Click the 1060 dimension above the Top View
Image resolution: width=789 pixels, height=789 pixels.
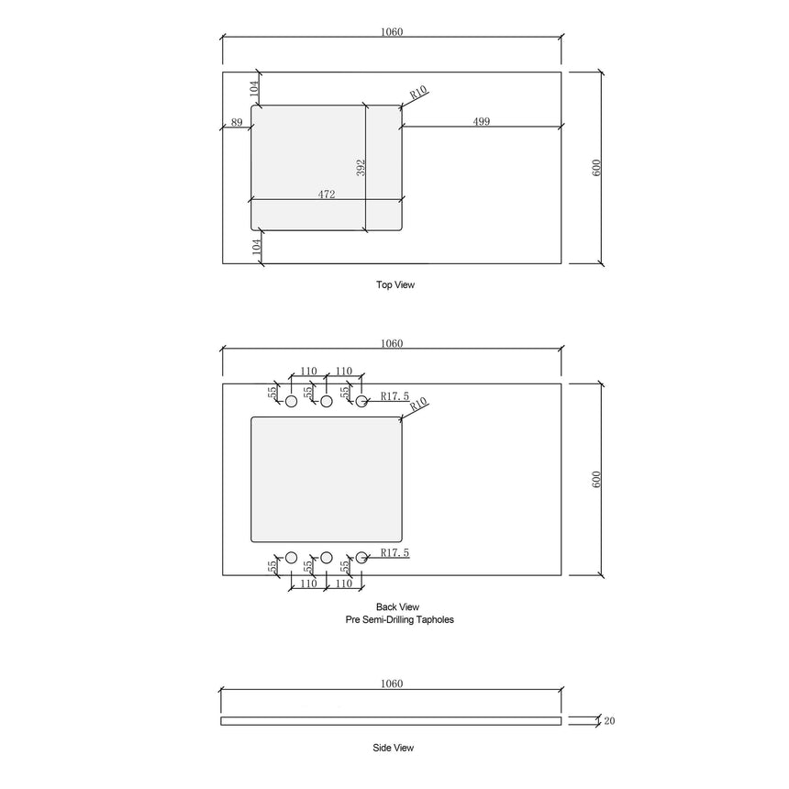[x=392, y=32]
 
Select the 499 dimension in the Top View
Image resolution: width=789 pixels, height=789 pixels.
[x=481, y=122]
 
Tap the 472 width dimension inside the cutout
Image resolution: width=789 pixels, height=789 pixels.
[x=327, y=194]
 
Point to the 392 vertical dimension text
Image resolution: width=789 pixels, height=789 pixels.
[x=361, y=168]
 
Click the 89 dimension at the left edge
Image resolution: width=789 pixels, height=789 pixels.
[x=237, y=122]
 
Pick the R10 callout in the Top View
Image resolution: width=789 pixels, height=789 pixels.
[x=418, y=92]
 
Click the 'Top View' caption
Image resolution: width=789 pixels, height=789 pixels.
[x=395, y=284]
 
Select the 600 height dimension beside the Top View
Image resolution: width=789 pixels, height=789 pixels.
[x=595, y=168]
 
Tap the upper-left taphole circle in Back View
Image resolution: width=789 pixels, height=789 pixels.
[x=291, y=401]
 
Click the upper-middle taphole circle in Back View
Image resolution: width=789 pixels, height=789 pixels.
[x=326, y=401]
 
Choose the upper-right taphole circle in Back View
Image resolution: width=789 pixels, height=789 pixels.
[x=361, y=401]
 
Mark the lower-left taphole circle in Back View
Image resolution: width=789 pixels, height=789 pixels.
[x=291, y=557]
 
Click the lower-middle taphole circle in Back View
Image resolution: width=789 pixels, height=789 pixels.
[x=326, y=557]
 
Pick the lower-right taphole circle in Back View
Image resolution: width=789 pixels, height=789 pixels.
[x=361, y=557]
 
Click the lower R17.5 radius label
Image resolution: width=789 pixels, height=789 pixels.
[x=389, y=551]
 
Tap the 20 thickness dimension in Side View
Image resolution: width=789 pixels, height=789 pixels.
[x=610, y=721]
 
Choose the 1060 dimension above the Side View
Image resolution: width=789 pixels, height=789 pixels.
[x=392, y=683]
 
